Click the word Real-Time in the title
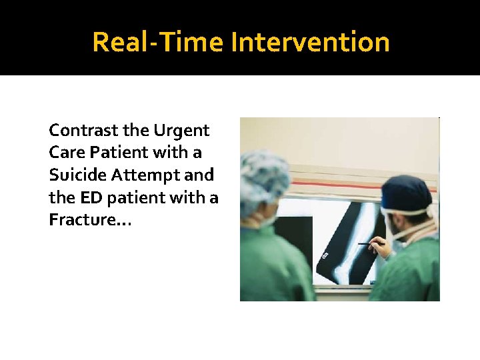158,42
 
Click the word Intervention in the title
310,42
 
